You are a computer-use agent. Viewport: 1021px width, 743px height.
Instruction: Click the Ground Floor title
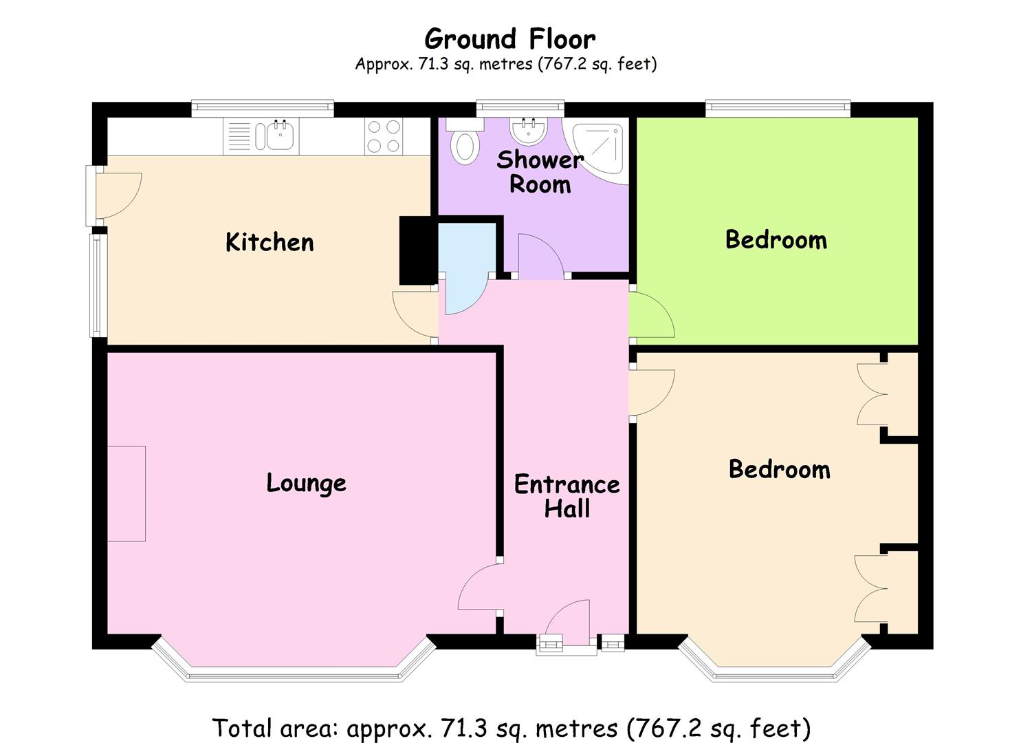point(509,39)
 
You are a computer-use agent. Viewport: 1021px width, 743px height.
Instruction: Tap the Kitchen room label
point(270,241)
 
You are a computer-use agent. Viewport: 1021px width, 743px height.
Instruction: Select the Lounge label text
point(307,483)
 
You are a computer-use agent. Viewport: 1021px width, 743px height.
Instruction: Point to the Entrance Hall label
point(567,496)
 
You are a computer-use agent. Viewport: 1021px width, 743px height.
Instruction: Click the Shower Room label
point(540,172)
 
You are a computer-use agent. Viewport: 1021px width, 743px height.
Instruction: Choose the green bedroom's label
point(776,239)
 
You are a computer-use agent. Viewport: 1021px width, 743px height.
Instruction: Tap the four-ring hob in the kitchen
point(384,136)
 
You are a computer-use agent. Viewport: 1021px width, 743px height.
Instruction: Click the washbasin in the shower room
point(529,129)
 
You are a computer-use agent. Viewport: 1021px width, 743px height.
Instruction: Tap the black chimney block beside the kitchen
point(416,250)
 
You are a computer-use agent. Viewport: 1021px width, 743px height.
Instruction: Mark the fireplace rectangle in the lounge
point(127,494)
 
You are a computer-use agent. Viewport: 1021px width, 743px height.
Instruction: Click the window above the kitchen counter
point(263,107)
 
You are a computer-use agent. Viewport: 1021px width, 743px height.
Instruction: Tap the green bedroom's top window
point(778,107)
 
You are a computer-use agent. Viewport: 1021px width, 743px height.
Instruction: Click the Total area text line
point(512,728)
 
